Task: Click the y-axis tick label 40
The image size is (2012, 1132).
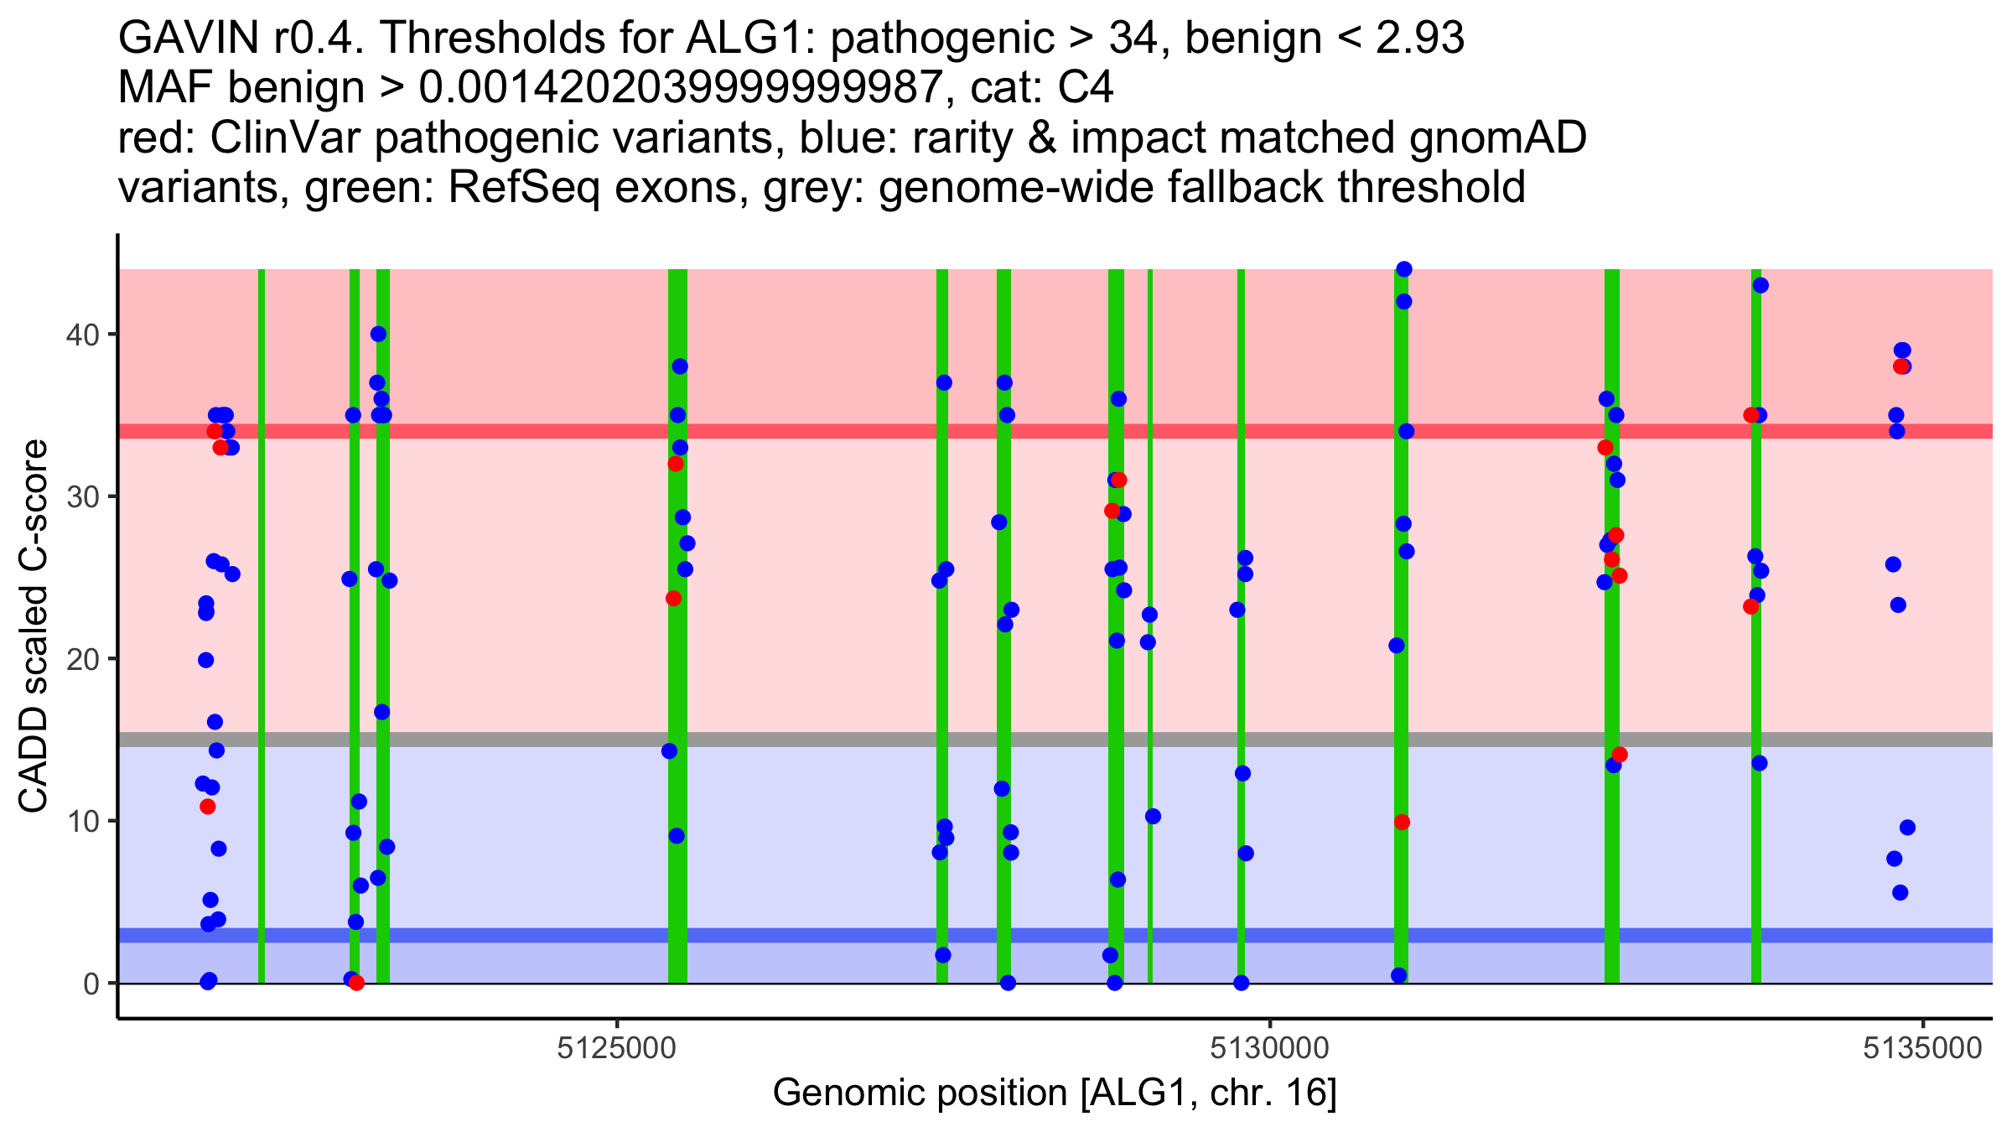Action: (82, 335)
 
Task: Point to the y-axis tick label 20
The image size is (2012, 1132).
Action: (82, 659)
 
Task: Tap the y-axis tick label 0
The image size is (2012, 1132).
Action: (91, 984)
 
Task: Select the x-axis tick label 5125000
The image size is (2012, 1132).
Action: (616, 1049)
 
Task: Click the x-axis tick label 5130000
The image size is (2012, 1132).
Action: (1271, 1049)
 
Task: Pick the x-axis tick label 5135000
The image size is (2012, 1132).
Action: (1923, 1049)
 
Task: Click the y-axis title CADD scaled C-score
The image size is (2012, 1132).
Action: (34, 626)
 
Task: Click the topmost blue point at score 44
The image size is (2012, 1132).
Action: (1404, 269)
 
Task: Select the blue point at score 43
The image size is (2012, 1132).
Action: (1760, 286)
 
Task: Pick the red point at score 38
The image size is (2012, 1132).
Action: (1901, 366)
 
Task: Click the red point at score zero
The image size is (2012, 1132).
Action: (356, 983)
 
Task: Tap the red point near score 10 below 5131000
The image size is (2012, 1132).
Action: (1402, 823)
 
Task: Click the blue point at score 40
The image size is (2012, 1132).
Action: (378, 335)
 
